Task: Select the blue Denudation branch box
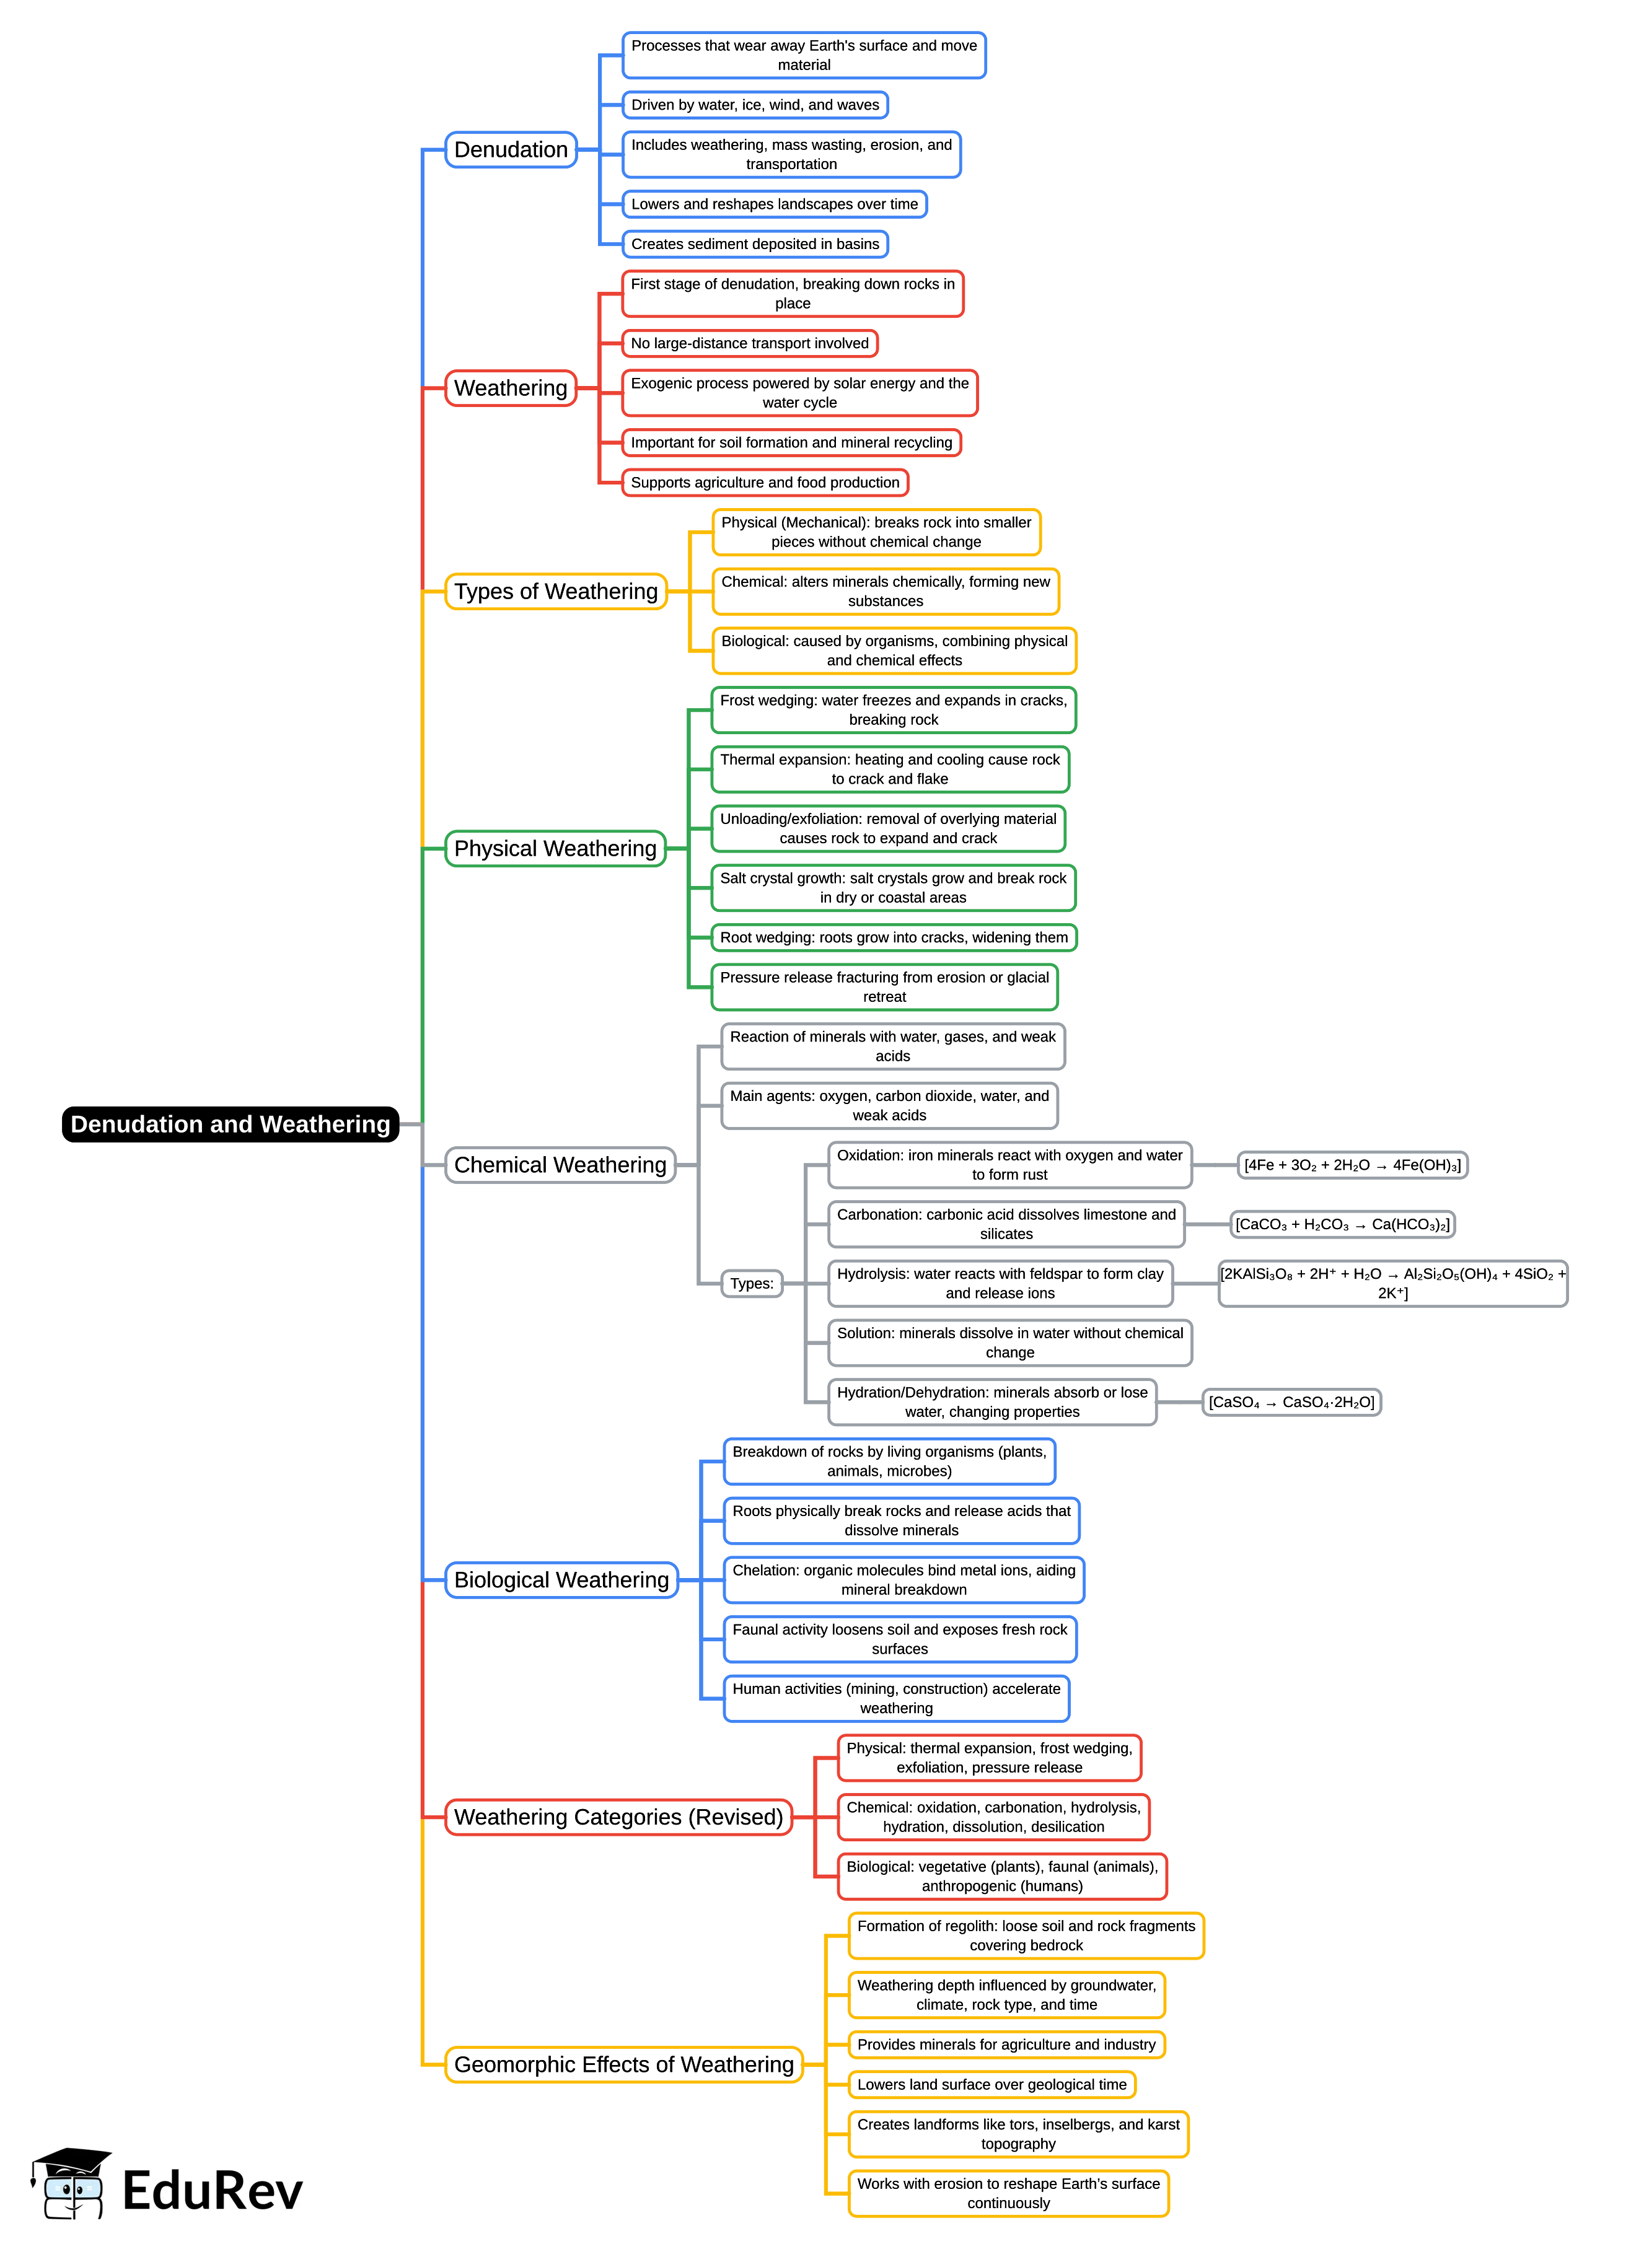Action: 511,150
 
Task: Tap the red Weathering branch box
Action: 511,388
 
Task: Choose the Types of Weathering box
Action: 556,591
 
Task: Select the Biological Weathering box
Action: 561,1580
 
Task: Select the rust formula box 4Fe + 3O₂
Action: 1352,1165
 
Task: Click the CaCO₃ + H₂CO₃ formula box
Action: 1342,1225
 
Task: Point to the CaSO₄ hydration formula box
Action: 1291,1402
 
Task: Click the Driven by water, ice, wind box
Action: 755,105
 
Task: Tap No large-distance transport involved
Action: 750,343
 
